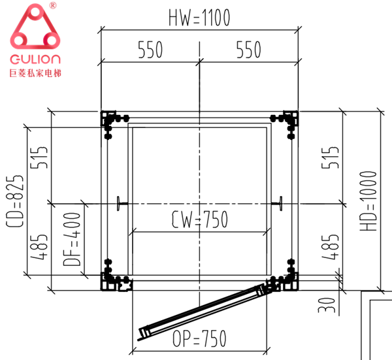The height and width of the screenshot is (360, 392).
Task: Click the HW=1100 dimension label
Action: [199, 18]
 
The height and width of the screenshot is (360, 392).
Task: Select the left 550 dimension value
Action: [150, 50]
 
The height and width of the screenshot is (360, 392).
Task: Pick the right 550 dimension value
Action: [249, 50]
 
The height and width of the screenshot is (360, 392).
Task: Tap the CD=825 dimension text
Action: [15, 201]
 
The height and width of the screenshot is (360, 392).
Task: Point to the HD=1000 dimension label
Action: [368, 201]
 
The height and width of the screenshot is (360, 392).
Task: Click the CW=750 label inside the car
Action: [199, 220]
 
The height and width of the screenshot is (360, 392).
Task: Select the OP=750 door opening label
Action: [199, 338]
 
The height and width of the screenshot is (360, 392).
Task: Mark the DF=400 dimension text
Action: [72, 239]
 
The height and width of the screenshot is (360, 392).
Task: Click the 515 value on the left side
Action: [39, 157]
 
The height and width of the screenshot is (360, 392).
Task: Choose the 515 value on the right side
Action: [330, 157]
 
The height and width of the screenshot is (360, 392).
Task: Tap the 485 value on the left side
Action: [39, 247]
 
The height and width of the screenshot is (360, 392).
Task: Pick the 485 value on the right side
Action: [330, 247]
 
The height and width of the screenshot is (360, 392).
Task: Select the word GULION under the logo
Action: [35, 59]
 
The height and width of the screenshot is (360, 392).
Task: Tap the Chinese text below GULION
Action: [35, 73]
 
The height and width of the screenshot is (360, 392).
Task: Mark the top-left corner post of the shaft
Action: [108, 118]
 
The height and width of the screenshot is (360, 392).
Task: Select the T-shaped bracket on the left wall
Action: [122, 203]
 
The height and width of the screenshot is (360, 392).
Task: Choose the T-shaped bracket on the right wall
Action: [277, 203]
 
